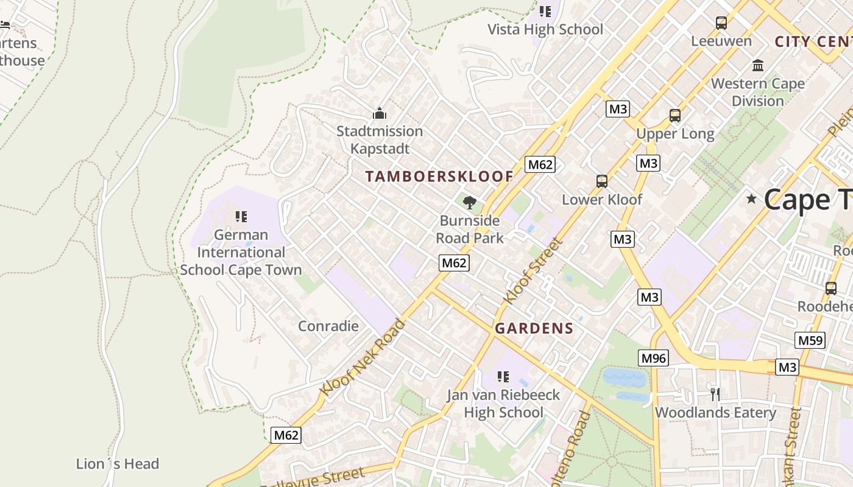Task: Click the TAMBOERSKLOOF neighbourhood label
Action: (x=439, y=177)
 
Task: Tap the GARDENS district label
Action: (x=534, y=329)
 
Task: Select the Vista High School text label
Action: (x=545, y=29)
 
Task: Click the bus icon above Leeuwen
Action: (x=721, y=23)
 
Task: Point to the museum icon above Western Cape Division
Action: (x=758, y=65)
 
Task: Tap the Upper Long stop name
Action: (x=675, y=134)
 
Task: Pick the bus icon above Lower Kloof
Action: (x=602, y=181)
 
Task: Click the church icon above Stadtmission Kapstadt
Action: (x=380, y=114)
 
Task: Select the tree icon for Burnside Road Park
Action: (x=470, y=203)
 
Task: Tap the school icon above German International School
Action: (x=241, y=217)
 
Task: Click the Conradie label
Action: (x=328, y=326)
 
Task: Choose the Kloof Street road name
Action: (x=533, y=271)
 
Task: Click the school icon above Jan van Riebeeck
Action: (x=503, y=377)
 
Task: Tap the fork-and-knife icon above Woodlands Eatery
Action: (x=715, y=394)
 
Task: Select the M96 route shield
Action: (x=654, y=358)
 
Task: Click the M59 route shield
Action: (x=810, y=340)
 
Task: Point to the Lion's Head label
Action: (x=118, y=464)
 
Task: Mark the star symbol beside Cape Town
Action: (x=751, y=198)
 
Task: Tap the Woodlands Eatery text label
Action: (x=715, y=413)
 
